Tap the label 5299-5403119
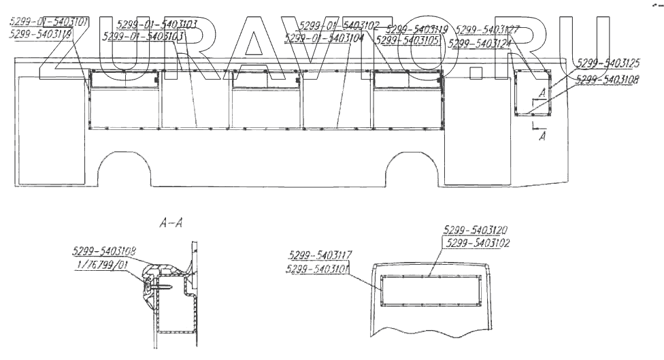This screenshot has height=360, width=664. click(416, 29)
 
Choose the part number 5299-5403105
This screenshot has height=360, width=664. click(407, 41)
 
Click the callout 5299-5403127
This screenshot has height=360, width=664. click(488, 30)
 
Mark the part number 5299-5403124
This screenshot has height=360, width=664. click(480, 44)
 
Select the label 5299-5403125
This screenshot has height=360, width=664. click(608, 63)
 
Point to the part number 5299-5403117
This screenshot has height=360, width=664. click(320, 255)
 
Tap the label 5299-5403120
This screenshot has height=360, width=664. click(474, 230)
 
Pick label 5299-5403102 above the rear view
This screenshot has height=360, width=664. click(477, 242)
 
